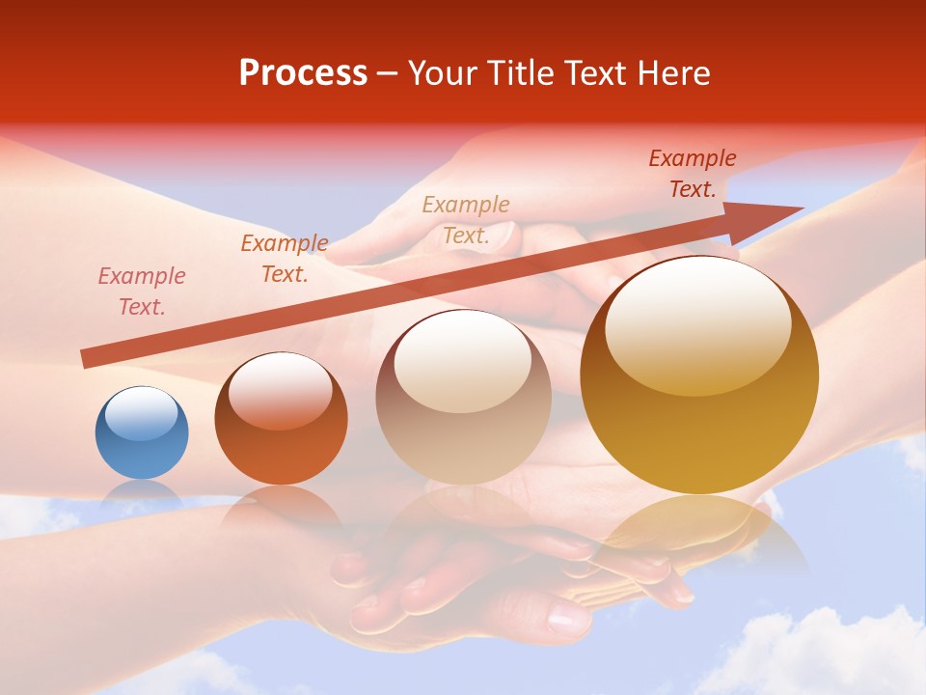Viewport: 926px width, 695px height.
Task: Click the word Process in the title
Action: pyautogui.click(x=303, y=73)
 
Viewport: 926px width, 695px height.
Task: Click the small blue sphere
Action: pyautogui.click(x=142, y=433)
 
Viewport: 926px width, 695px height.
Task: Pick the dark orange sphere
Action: pyautogui.click(x=281, y=419)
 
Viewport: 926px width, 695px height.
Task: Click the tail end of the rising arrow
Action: pyautogui.click(x=89, y=359)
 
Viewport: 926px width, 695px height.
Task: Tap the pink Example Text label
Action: pyautogui.click(x=142, y=292)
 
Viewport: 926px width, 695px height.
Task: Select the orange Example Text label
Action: pyautogui.click(x=285, y=259)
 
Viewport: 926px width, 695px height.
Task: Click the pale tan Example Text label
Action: pyautogui.click(x=466, y=219)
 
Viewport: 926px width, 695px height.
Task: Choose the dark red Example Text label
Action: pyautogui.click(x=693, y=174)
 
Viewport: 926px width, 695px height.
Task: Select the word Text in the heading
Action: pyautogui.click(x=599, y=73)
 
